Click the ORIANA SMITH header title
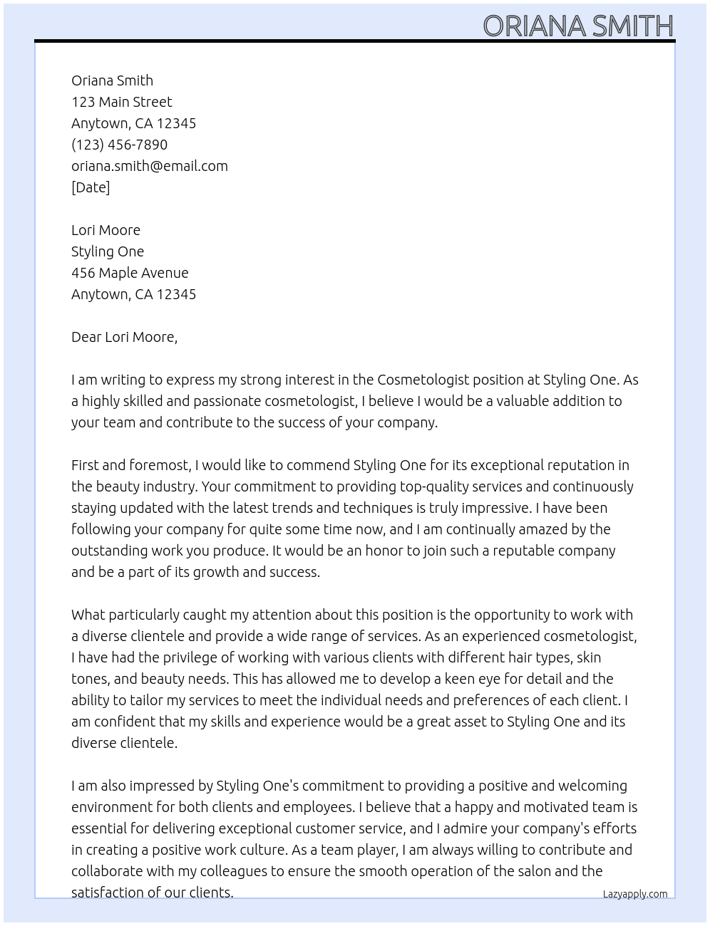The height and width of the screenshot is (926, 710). (577, 26)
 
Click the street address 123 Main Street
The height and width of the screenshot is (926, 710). (121, 102)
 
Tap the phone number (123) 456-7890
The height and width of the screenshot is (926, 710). (119, 145)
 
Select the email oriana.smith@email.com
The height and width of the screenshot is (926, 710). (149, 166)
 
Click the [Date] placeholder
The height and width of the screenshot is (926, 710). (91, 187)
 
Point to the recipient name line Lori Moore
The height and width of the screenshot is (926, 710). (106, 230)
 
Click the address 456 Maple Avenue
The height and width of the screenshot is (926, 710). (130, 273)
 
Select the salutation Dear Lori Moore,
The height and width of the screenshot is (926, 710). (124, 337)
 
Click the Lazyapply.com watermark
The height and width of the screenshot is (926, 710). (634, 894)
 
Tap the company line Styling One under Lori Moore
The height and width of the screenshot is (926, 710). (108, 251)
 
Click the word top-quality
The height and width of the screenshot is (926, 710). (422, 487)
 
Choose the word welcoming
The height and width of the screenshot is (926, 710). (593, 786)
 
